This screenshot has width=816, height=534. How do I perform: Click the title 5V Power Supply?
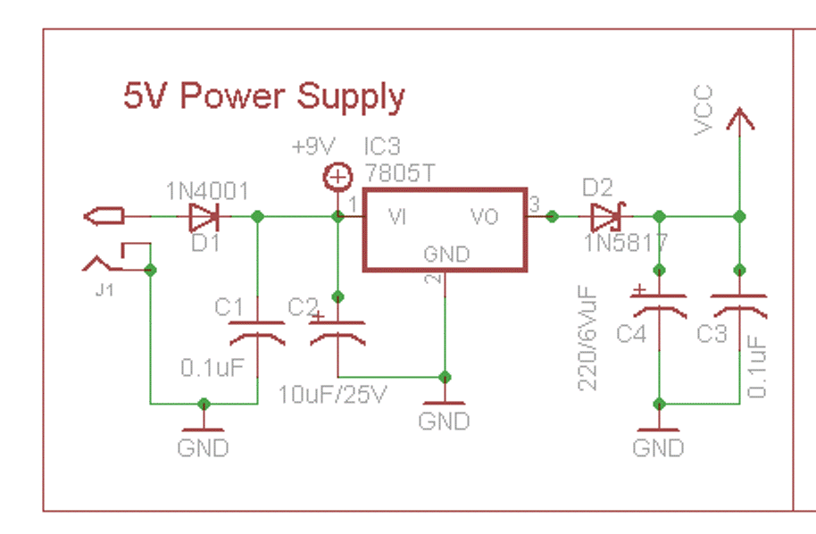click(263, 96)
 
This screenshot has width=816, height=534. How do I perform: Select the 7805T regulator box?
click(444, 229)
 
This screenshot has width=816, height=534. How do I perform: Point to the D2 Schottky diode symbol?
click(607, 216)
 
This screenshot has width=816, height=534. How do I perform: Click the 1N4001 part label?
click(207, 190)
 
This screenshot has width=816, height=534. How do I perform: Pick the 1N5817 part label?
click(626, 242)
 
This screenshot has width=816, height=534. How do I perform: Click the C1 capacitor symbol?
click(257, 335)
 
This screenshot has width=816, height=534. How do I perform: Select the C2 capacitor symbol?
click(337, 335)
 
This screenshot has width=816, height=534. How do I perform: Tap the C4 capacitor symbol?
click(659, 307)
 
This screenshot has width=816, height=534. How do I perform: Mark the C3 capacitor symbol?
click(739, 307)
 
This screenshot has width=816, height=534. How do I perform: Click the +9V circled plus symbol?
click(337, 178)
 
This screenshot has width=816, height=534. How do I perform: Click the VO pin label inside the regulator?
click(484, 217)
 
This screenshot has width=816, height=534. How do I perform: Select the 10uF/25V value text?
click(333, 394)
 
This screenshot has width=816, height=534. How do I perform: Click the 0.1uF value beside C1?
click(212, 367)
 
